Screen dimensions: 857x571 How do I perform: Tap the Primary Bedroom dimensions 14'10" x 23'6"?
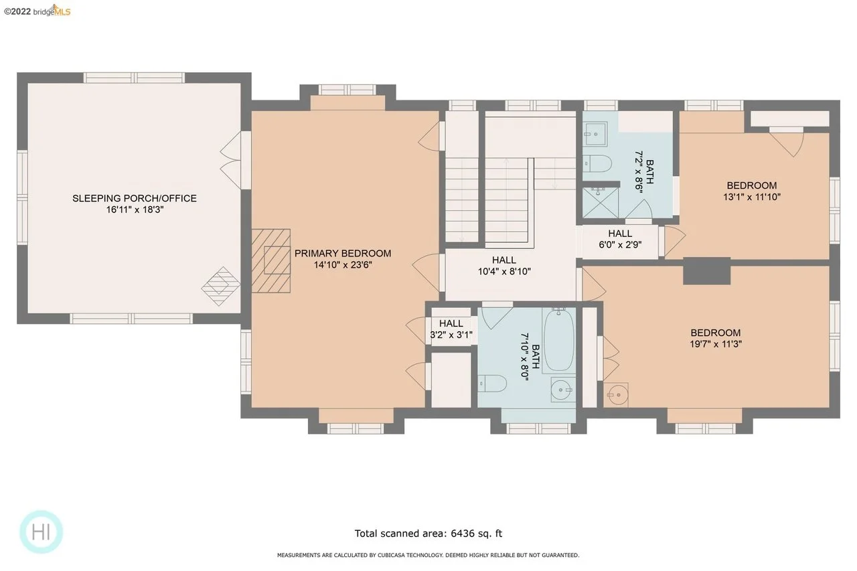(343, 264)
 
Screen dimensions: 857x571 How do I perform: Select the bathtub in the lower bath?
(558, 339)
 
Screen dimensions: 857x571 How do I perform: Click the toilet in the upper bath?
(597, 164)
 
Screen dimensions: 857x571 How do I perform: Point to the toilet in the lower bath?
(492, 384)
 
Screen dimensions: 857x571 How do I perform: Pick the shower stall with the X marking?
(601, 203)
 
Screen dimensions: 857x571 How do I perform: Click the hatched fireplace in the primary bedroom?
(271, 261)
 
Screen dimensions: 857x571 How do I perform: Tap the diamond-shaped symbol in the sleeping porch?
(221, 286)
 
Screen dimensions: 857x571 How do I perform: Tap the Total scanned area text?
(428, 534)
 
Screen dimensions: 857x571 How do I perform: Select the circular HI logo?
(41, 532)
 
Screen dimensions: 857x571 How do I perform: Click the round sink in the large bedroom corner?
(616, 395)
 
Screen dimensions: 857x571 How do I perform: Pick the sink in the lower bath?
(563, 390)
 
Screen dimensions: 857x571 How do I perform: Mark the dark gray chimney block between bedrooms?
(706, 271)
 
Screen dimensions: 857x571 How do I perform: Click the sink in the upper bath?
(595, 134)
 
